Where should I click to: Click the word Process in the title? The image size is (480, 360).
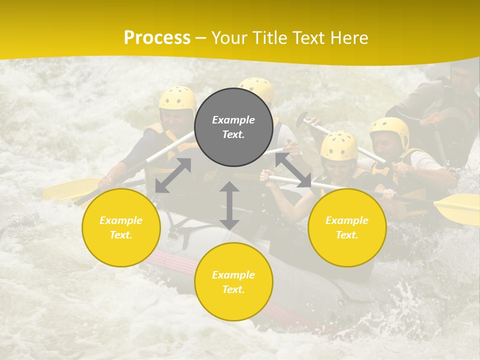pyautogui.click(x=157, y=38)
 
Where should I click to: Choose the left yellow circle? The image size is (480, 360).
pyautogui.click(x=121, y=227)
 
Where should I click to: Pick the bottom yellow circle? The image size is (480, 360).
pyautogui.click(x=233, y=282)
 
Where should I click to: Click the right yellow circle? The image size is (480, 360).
pyautogui.click(x=347, y=227)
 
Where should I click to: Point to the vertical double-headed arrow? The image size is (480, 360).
pyautogui.click(x=229, y=205)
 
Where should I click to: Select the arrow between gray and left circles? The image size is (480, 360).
pyautogui.click(x=173, y=175)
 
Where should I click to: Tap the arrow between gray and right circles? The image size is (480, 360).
pyautogui.click(x=293, y=170)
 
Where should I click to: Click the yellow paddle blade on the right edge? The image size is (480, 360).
pyautogui.click(x=457, y=207)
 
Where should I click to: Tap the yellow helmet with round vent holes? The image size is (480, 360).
pyautogui.click(x=339, y=145)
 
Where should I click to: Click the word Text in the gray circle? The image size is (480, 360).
pyautogui.click(x=233, y=135)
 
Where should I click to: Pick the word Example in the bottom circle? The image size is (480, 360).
pyautogui.click(x=233, y=275)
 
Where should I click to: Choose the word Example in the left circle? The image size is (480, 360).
pyautogui.click(x=121, y=220)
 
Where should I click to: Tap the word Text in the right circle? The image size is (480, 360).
pyautogui.click(x=347, y=235)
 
